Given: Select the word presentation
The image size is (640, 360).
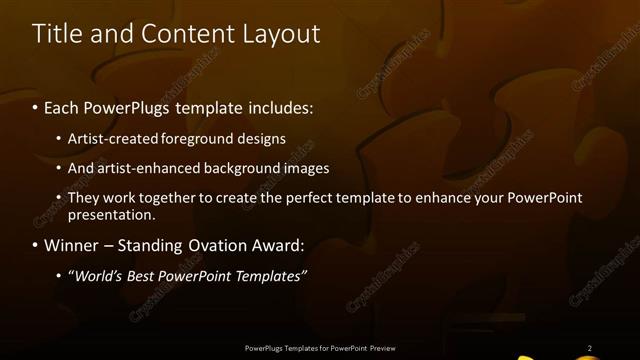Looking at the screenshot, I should pos(111,214).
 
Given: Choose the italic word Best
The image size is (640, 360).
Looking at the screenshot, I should pos(148,275).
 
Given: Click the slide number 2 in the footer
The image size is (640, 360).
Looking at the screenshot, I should pos(589,348).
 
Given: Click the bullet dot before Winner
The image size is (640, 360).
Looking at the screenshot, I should pos(36,246).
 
